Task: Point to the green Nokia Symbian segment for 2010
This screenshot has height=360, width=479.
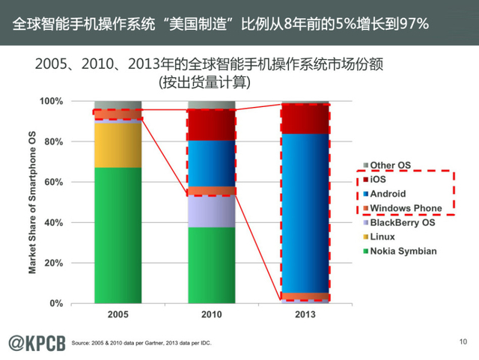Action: pyautogui.click(x=211, y=265)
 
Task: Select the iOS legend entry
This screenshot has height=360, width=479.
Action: pyautogui.click(x=380, y=180)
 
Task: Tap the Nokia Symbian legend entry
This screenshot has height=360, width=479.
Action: pyautogui.click(x=403, y=251)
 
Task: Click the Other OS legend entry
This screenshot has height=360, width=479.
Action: pyautogui.click(x=390, y=165)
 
